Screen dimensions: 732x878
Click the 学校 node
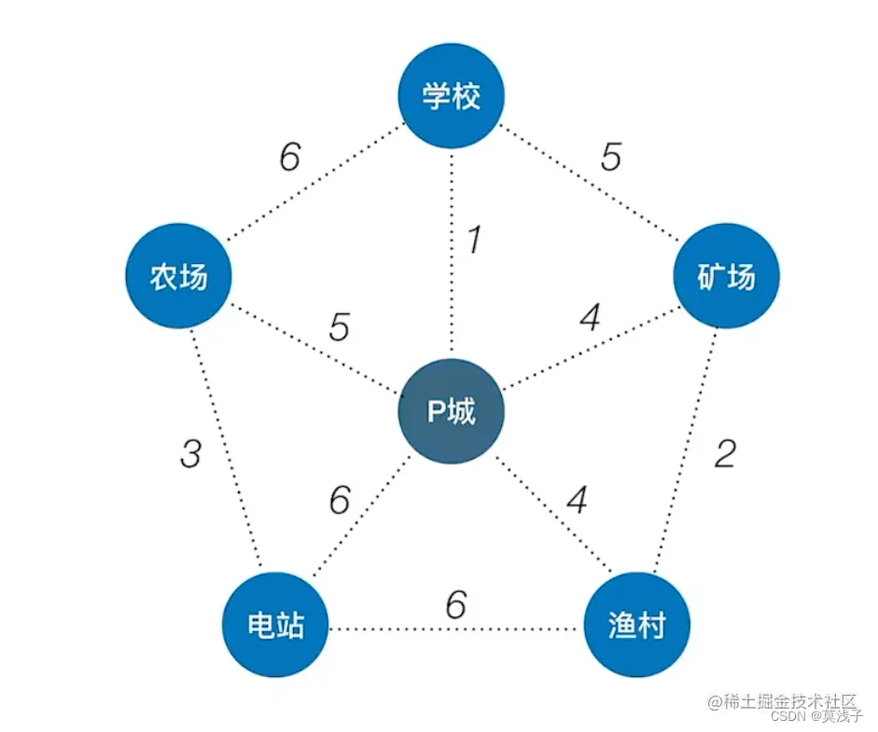tap(452, 96)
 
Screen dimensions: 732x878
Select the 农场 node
tap(178, 277)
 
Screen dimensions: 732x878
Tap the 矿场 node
tap(726, 277)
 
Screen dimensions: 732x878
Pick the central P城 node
tap(452, 411)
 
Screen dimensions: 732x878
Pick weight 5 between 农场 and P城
tap(339, 328)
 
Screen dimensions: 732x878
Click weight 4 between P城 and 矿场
tap(589, 320)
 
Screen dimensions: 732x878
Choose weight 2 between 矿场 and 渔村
tap(725, 454)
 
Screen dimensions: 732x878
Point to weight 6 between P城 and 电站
tap(340, 501)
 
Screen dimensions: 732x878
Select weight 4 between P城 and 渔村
tap(578, 501)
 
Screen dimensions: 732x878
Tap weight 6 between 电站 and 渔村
tap(455, 606)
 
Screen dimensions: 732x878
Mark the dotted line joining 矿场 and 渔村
tap(686, 448)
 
